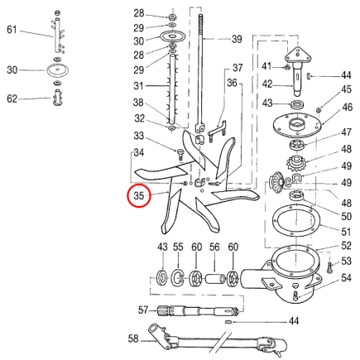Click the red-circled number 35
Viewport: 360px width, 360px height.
click(x=139, y=195)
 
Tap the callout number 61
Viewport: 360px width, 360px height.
click(x=12, y=30)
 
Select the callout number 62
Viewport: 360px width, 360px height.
click(x=12, y=98)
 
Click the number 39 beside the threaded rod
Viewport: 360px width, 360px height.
click(x=237, y=39)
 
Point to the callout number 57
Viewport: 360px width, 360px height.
click(x=143, y=310)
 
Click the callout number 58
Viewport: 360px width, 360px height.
click(x=133, y=338)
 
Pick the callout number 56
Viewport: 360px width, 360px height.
click(x=214, y=247)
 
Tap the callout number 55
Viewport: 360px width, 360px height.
click(x=178, y=247)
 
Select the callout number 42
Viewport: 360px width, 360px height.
click(x=267, y=84)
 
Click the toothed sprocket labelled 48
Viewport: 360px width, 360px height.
click(x=297, y=162)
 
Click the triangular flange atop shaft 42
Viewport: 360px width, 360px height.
click(x=298, y=55)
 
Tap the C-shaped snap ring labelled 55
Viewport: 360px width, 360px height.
click(x=178, y=278)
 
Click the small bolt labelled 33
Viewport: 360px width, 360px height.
click(x=180, y=155)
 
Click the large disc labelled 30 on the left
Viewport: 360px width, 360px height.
click(x=57, y=70)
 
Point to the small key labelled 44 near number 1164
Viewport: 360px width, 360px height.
click(x=228, y=322)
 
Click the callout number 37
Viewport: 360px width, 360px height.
click(x=238, y=68)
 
